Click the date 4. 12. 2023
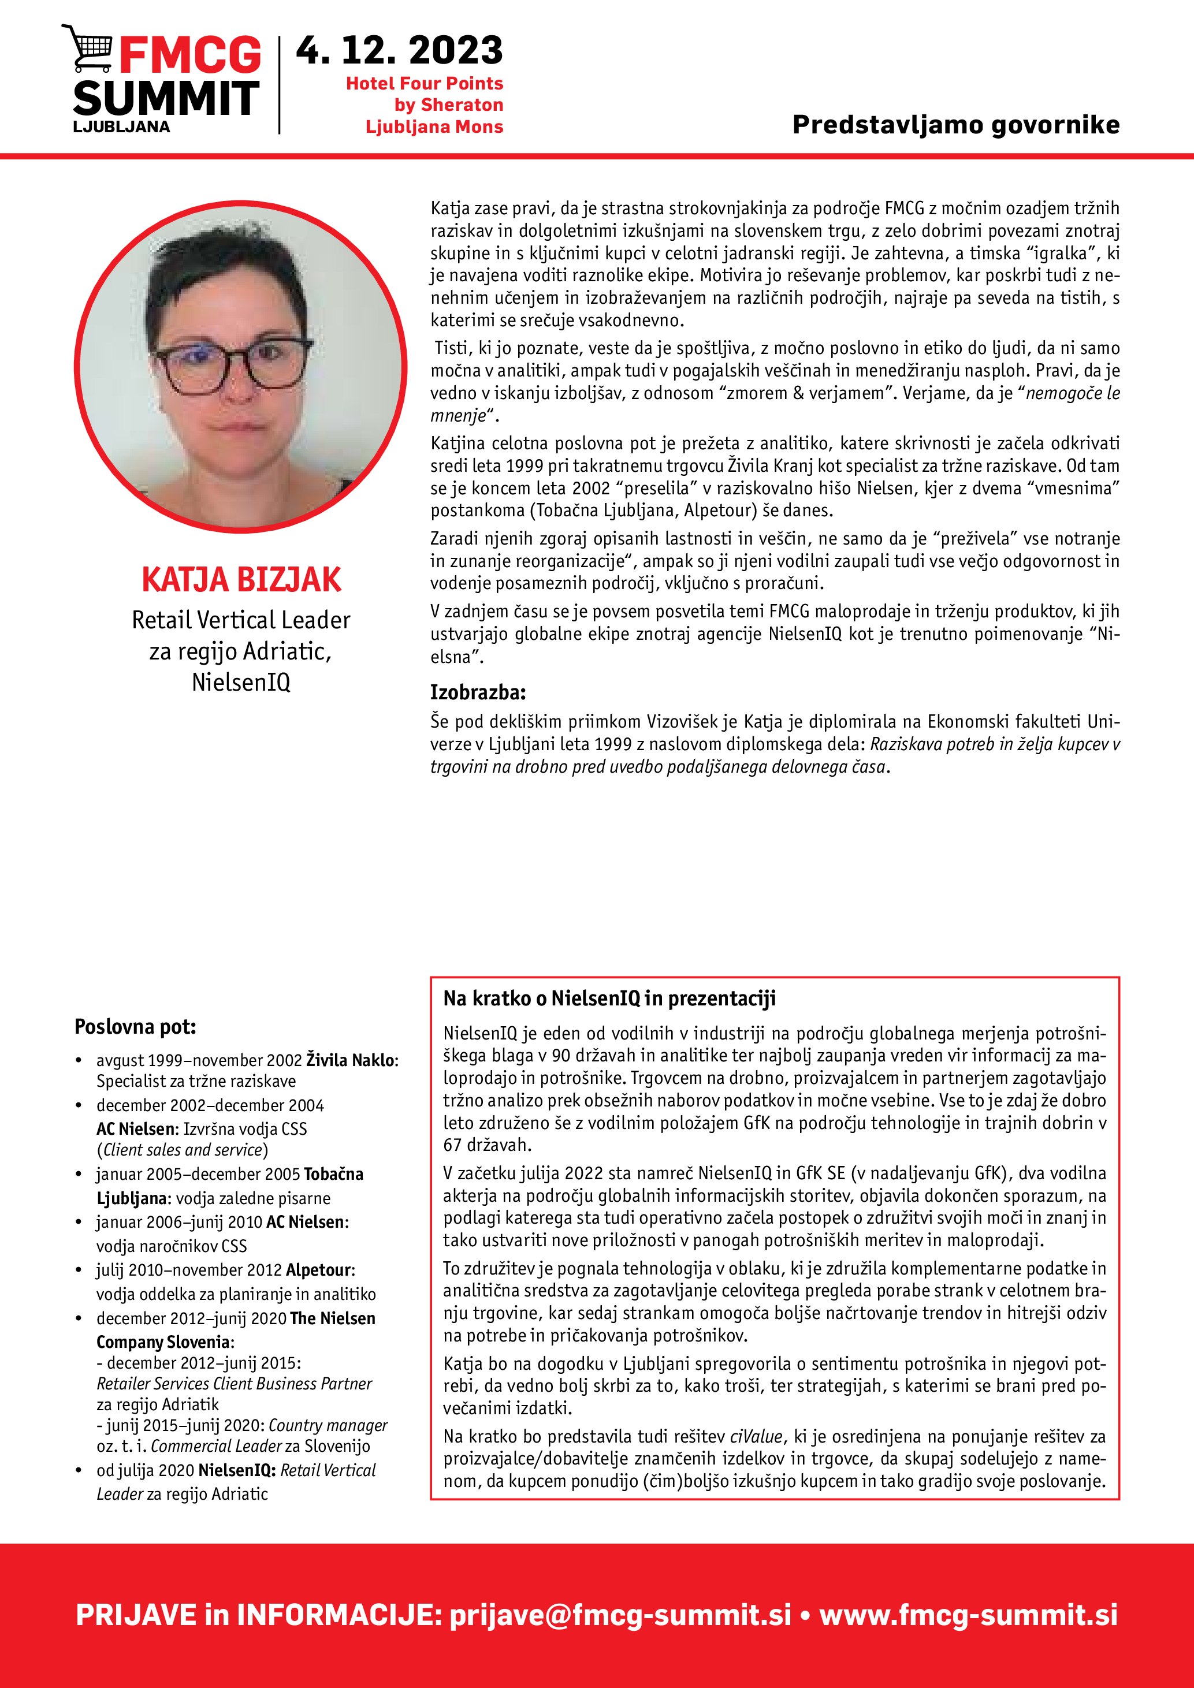[x=399, y=51]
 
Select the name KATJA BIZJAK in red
[x=241, y=579]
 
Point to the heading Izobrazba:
[x=478, y=692]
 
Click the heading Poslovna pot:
[x=135, y=1026]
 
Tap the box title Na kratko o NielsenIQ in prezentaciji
[x=609, y=998]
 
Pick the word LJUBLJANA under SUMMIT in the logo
[x=121, y=126]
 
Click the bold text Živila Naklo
[x=351, y=1060]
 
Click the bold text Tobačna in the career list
[x=333, y=1174]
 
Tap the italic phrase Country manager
[x=328, y=1425]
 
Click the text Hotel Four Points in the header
[x=424, y=83]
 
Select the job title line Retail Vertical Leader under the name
[x=241, y=620]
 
